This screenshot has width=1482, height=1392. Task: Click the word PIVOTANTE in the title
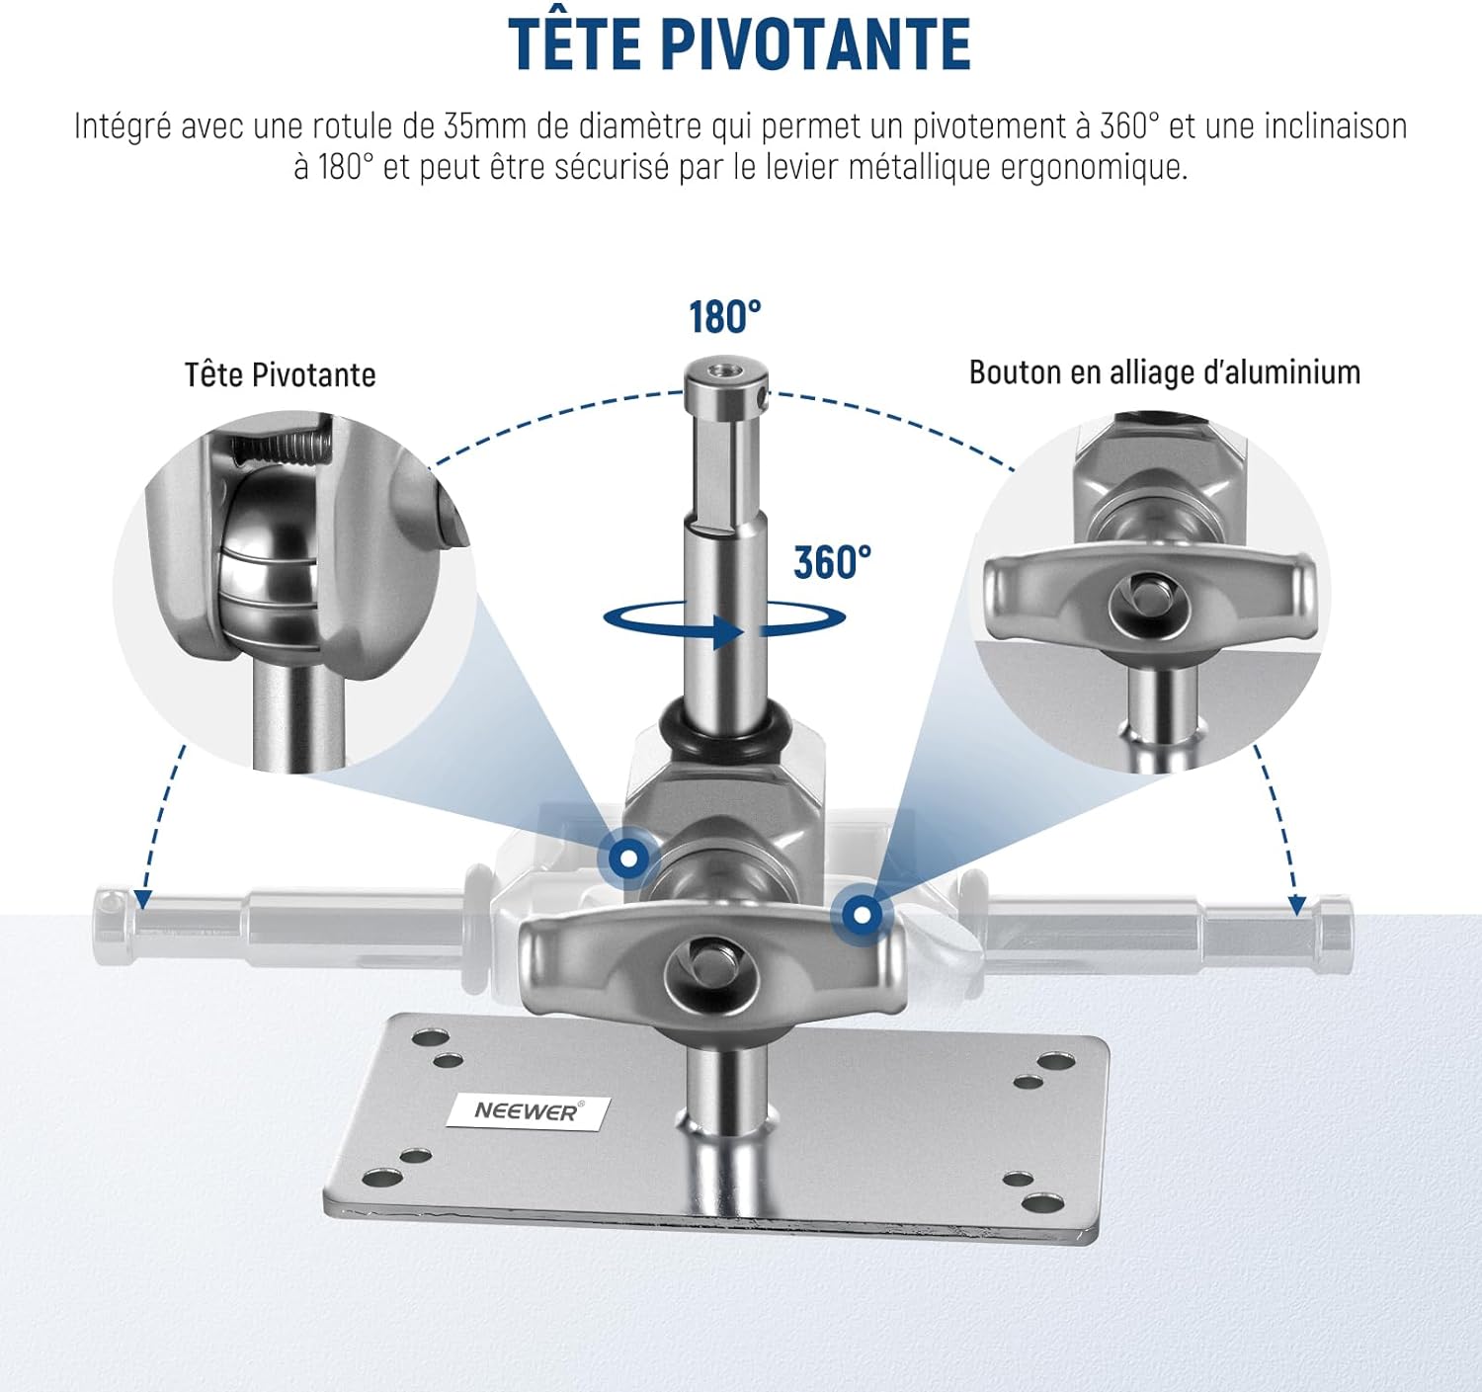pos(816,43)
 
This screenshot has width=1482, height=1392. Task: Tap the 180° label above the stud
pos(724,317)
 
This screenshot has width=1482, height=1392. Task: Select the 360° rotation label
pos(832,562)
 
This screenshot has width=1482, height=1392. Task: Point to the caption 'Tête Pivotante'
pos(280,373)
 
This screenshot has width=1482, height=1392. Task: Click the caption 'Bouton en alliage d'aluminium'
pos(1164,371)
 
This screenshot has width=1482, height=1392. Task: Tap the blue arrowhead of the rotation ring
pos(727,631)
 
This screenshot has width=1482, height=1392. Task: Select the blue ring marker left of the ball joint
pos(629,858)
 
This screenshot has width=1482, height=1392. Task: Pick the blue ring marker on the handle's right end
pos(862,914)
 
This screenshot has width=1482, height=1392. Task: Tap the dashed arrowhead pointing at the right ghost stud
pos(1297,905)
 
